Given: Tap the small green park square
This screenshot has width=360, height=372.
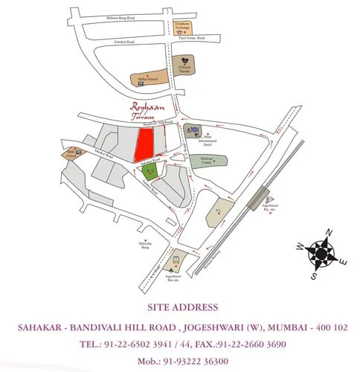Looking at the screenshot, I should tap(150, 172).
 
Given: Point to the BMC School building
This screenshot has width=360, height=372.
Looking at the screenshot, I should tap(72, 154).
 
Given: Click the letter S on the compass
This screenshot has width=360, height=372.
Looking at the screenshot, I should tap(315, 275).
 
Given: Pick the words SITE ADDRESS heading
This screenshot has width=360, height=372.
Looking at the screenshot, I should tap(182, 307).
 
